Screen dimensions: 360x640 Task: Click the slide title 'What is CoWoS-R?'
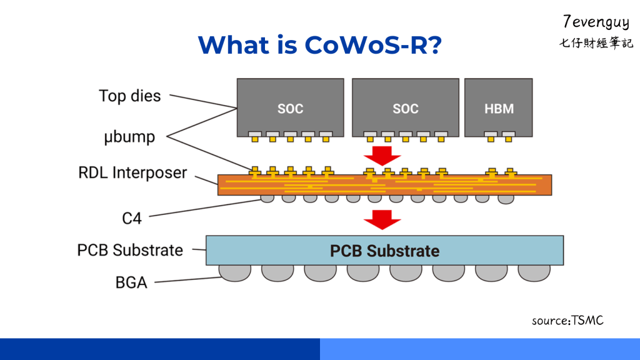point(319,44)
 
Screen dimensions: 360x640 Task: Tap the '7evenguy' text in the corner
point(596,22)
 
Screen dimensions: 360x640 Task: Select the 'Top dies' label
point(129,96)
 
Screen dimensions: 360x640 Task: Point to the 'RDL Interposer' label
point(132,172)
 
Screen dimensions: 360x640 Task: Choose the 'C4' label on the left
point(131,218)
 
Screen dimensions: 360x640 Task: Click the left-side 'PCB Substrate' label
point(130,251)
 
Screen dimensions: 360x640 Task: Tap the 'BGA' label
point(131,282)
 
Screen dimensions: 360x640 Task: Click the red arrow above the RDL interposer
point(382,154)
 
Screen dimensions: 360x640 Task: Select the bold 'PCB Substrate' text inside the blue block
point(384,251)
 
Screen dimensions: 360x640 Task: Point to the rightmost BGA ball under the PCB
point(534,272)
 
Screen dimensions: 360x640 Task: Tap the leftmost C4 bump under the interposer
point(267,199)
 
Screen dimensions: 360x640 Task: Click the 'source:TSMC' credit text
point(567,321)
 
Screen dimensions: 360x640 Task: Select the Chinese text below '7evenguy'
point(596,44)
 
